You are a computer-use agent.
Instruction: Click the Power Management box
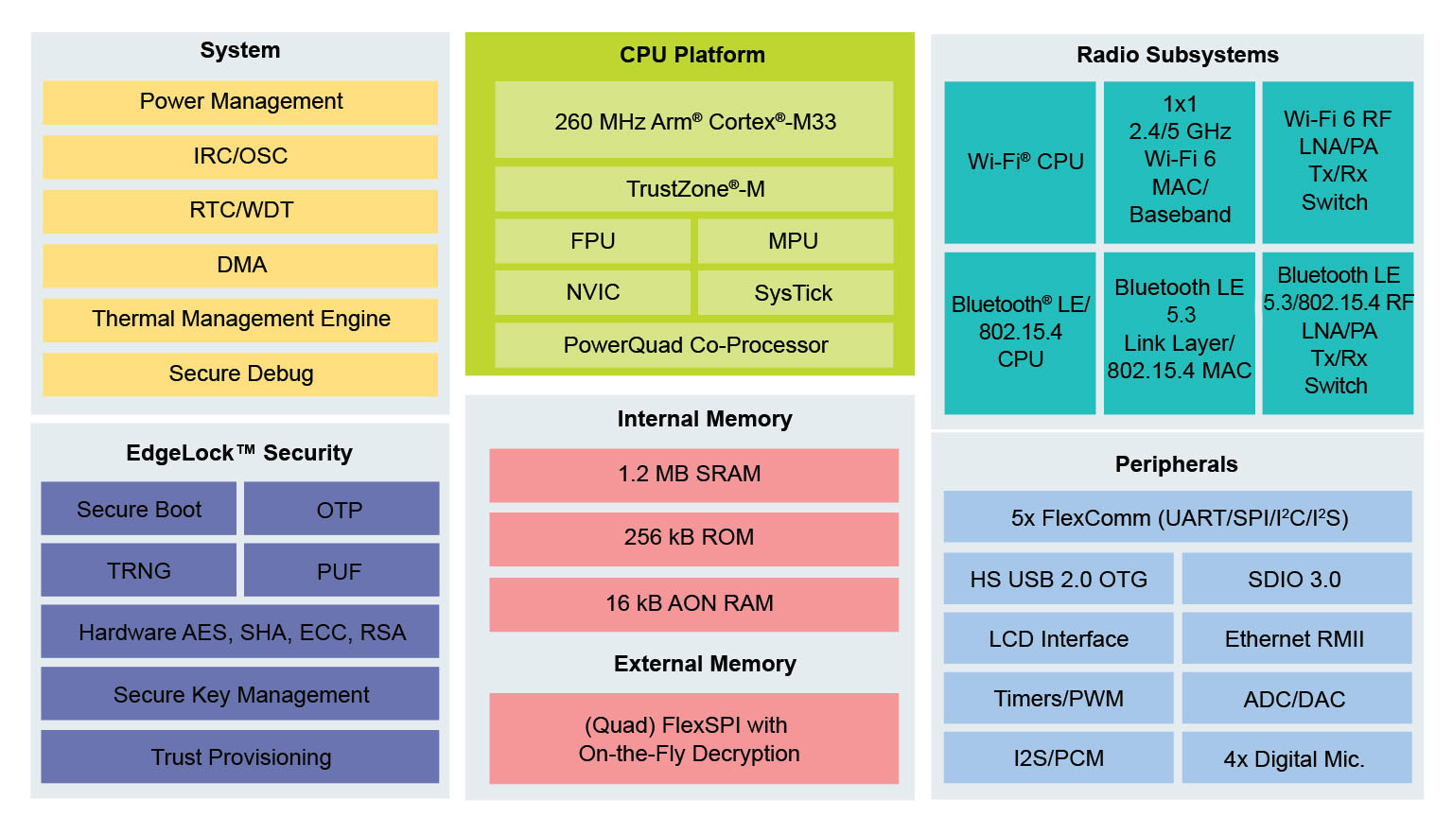tap(240, 102)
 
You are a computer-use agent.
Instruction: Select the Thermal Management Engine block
tap(240, 320)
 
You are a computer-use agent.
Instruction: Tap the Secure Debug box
tap(240, 374)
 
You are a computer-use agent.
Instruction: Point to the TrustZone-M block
tap(694, 189)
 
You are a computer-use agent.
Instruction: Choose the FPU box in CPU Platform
tap(593, 241)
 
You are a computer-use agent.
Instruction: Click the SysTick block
tap(795, 293)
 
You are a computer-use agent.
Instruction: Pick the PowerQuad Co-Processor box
tap(694, 345)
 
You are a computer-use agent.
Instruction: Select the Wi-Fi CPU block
tap(1020, 163)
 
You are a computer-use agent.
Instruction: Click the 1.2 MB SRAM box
tap(693, 475)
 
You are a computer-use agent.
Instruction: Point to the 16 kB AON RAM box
tap(693, 604)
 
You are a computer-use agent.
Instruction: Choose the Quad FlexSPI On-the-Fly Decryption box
tap(693, 739)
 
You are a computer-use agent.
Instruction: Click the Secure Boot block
tap(139, 510)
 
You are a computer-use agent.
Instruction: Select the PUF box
tap(341, 571)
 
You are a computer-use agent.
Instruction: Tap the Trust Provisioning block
tap(240, 757)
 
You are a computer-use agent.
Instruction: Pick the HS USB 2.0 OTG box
tap(1059, 579)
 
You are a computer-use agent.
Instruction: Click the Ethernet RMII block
tap(1296, 639)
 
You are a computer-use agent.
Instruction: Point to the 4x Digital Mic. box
tap(1296, 758)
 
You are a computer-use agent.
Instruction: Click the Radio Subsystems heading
tap(1177, 55)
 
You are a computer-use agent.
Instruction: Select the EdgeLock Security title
tap(239, 453)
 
